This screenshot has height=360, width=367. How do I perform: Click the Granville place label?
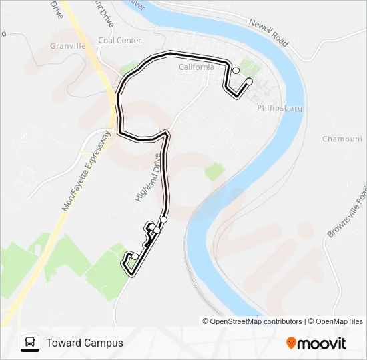(x=68, y=46)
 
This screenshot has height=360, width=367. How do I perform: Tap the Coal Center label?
(x=119, y=40)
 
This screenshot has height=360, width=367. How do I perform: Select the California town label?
(x=196, y=67)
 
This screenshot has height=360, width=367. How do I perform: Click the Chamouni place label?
(x=342, y=139)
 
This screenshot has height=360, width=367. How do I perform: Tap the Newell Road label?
(x=268, y=32)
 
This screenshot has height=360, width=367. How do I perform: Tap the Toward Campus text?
(x=85, y=343)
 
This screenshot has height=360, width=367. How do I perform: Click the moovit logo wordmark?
(x=322, y=343)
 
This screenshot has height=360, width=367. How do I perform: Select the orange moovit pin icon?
(x=291, y=343)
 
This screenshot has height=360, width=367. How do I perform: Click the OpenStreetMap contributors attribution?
(x=256, y=321)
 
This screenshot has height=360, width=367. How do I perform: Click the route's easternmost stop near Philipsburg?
(x=250, y=81)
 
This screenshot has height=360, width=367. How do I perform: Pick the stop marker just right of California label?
(x=236, y=70)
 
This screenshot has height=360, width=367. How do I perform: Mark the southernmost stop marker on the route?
(x=135, y=256)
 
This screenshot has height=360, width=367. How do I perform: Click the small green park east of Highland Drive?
(x=214, y=172)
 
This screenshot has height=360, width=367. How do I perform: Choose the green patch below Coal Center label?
(x=127, y=69)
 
